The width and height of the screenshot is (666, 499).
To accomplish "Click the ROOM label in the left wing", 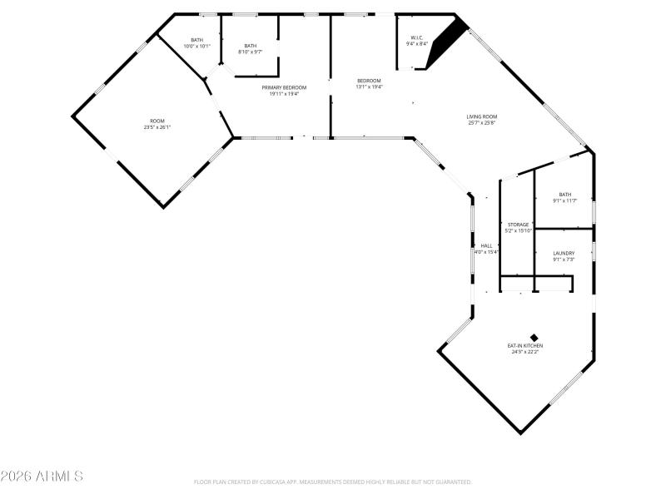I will pos(157,121).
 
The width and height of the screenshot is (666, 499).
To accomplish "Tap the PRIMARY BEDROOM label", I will pos(284,87).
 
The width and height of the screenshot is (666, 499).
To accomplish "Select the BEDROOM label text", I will pos(369,81).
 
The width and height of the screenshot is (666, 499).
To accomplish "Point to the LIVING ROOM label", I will pos(481,116).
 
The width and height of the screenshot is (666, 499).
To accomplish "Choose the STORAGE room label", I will pos(519,225).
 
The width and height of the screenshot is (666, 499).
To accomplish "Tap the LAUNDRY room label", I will pos(564,253).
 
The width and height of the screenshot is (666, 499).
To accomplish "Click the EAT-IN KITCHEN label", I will pos(525,345).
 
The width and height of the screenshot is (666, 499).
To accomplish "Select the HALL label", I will pos(486,245).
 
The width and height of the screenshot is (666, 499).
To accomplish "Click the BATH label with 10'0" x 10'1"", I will pos(196,40).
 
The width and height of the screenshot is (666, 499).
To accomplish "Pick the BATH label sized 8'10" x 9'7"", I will pos(251,46).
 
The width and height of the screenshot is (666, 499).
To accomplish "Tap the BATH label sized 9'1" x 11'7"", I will pos(565,195).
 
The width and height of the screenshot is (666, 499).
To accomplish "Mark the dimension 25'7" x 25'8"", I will pos(481,123).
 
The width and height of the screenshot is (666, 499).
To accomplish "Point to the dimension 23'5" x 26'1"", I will pos(157,127).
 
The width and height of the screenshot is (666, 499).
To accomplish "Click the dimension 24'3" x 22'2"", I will pos(525,352).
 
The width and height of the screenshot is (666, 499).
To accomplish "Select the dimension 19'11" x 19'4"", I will pos(284,94).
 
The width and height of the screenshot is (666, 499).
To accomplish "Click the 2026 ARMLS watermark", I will pos(42,477).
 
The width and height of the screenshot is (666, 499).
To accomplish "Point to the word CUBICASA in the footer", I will pos(285,482).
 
